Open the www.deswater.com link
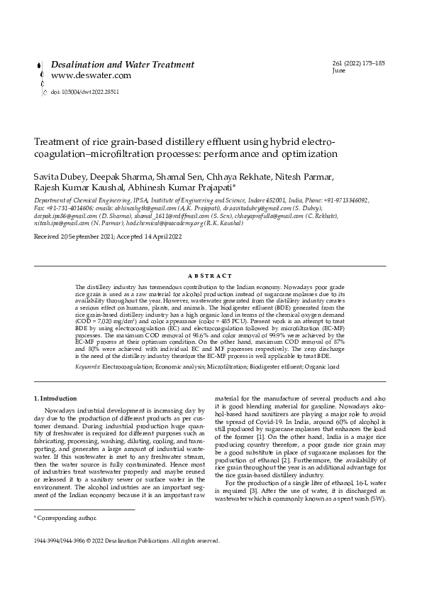(91, 75)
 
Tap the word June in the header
(339, 71)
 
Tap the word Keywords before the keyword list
(88, 366)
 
